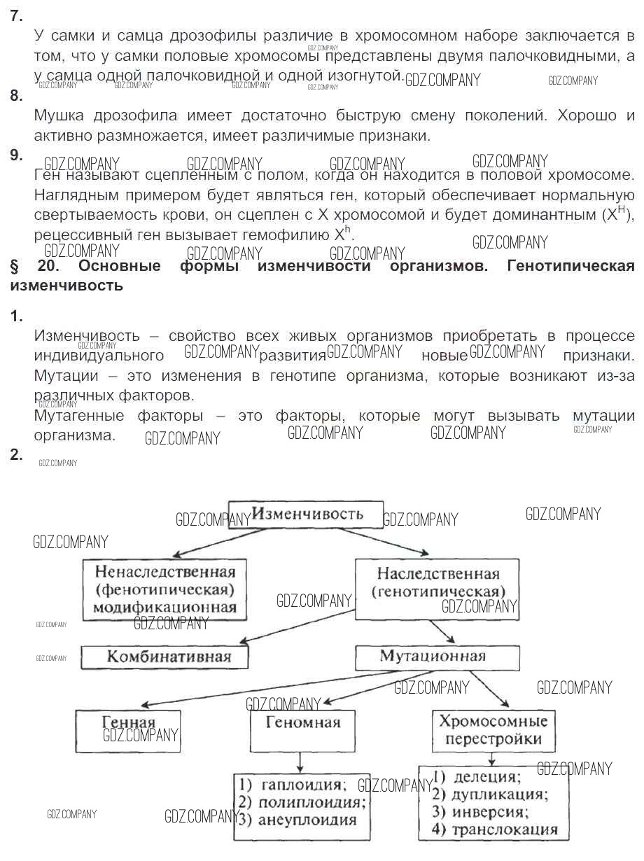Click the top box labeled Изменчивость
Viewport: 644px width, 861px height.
point(307,514)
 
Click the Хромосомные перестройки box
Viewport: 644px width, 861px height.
point(493,729)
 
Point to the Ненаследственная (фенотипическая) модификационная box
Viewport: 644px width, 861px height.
point(164,589)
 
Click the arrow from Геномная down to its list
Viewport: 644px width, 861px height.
point(300,761)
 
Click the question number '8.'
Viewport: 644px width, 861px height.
point(16,96)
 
